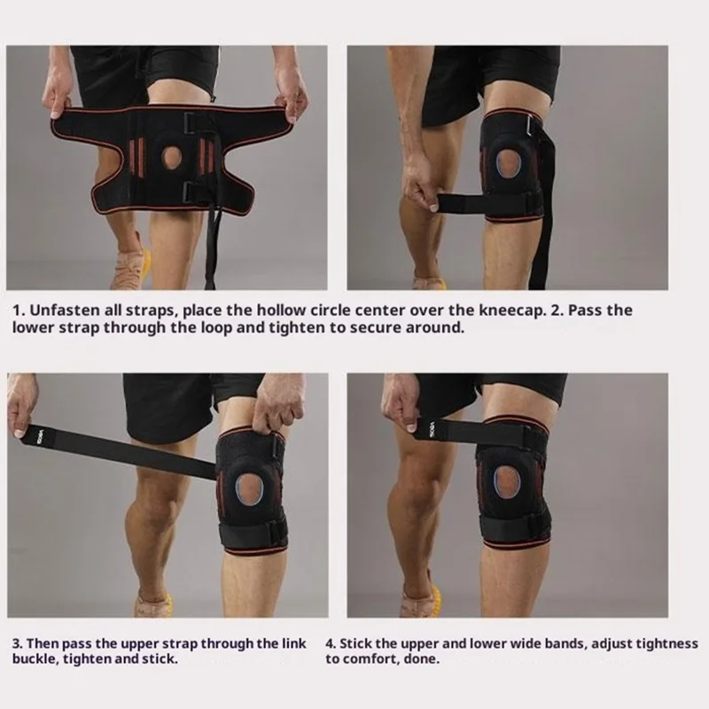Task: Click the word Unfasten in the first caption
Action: (x=60, y=311)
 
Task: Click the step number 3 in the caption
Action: (x=17, y=643)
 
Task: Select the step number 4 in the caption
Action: (x=330, y=643)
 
